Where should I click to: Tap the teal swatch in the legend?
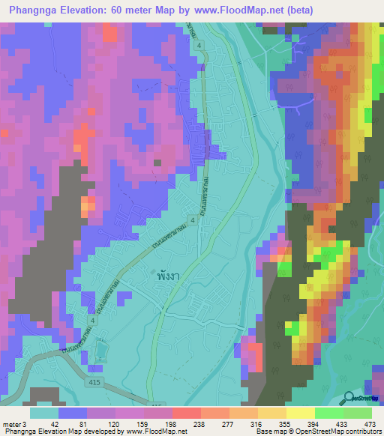point(44,413)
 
